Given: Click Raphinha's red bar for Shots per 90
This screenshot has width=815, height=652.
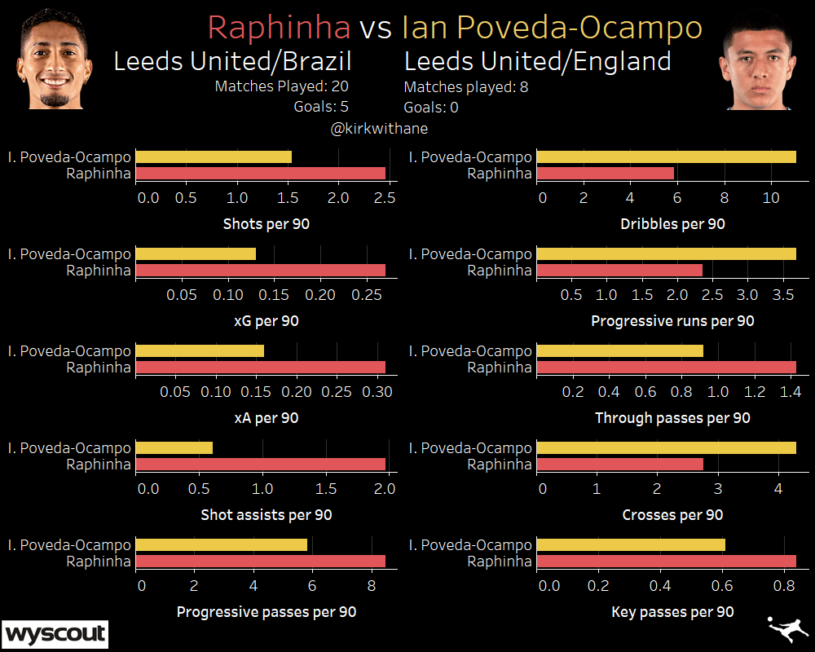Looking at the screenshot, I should coord(260,174).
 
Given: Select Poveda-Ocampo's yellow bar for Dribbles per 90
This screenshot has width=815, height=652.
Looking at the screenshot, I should coord(667,157).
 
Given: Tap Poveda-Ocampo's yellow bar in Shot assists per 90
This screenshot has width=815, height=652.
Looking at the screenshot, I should coord(174,448).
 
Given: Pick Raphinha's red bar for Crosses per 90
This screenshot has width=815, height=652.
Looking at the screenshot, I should coord(619,465).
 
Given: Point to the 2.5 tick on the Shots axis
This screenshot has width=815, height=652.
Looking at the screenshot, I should coord(385,198).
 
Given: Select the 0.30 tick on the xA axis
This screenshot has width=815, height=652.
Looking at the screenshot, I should coord(377,392).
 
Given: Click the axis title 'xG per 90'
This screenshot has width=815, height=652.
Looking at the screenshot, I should coord(267,321).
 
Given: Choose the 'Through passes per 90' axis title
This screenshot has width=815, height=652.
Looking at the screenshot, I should coord(672,418).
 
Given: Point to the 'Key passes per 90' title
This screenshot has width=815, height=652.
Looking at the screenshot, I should coord(672,612).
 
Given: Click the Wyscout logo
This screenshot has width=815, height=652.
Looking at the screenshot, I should coord(55,633).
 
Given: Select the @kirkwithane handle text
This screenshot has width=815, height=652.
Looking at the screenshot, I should coord(379,129).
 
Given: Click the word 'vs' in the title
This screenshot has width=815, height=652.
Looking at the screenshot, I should coord(376,28).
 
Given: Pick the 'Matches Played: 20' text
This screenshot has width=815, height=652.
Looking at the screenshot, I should coord(282,86).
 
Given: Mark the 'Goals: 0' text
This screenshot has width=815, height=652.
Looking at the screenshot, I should coord(431,107).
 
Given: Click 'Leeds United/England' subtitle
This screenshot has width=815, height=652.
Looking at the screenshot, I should coord(538,61).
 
